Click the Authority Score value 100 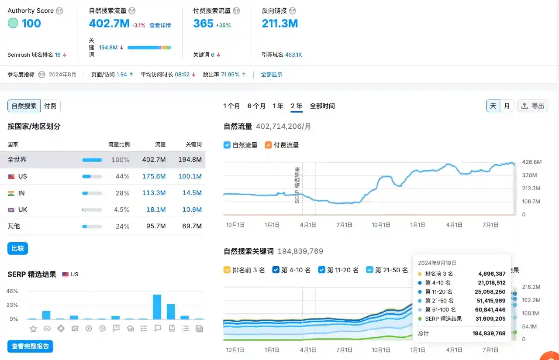pyautogui.click(x=31, y=24)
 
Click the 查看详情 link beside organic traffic pyautogui.click(x=160, y=25)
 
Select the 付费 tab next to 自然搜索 pyautogui.click(x=50, y=106)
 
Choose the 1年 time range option pyautogui.click(x=278, y=106)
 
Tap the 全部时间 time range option pyautogui.click(x=322, y=106)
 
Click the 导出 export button pyautogui.click(x=533, y=106)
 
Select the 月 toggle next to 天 pyautogui.click(x=507, y=106)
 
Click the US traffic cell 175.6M pyautogui.click(x=154, y=176)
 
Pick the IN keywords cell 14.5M pyautogui.click(x=192, y=193)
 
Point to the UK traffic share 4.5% pyautogui.click(x=121, y=209)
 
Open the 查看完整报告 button pyautogui.click(x=30, y=346)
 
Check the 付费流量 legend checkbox pyautogui.click(x=268, y=145)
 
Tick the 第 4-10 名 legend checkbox pyautogui.click(x=276, y=270)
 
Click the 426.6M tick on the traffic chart pyautogui.click(x=532, y=162)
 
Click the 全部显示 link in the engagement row pyautogui.click(x=272, y=75)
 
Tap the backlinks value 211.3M pyautogui.click(x=279, y=24)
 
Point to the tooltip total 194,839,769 pyautogui.click(x=489, y=333)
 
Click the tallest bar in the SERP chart pyautogui.click(x=157, y=307)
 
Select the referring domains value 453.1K pyautogui.click(x=293, y=55)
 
